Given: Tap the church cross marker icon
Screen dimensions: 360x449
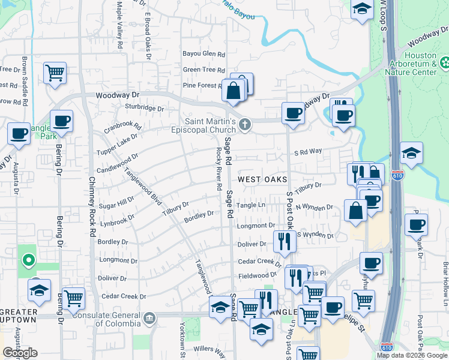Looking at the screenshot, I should [x=244, y=125].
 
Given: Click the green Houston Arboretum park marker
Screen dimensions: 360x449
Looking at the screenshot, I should [x=445, y=62].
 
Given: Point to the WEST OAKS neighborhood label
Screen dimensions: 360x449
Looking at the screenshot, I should [x=264, y=179].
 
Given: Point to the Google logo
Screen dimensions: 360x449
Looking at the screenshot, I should [x=20, y=353].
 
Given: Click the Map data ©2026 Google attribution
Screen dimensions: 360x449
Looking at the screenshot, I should [x=412, y=355].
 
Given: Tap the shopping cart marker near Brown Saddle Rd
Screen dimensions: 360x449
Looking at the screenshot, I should [x=55, y=73].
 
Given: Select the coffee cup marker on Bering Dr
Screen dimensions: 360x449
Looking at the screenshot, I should [x=61, y=121].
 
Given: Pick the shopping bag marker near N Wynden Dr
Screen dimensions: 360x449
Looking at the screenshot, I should [x=355, y=211].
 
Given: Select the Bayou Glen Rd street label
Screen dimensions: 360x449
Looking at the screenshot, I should [x=203, y=54].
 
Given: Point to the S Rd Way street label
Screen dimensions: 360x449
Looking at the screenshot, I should [x=308, y=152].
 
